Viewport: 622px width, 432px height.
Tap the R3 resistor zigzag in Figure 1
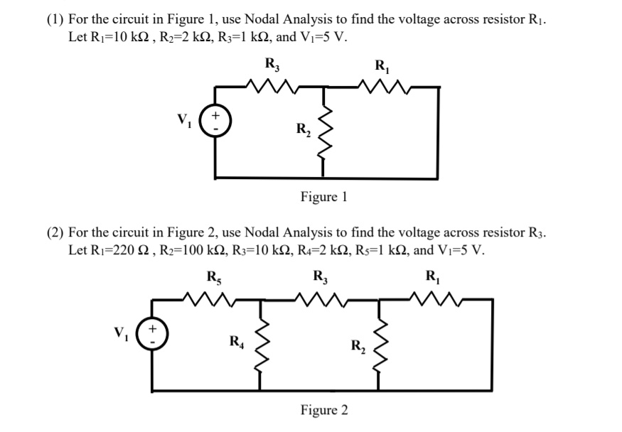pyautogui.click(x=272, y=87)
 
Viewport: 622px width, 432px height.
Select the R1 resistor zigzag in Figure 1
pyautogui.click(x=382, y=87)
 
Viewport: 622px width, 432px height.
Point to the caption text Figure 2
pyautogui.click(x=323, y=410)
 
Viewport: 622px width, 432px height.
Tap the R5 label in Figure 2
pyautogui.click(x=213, y=276)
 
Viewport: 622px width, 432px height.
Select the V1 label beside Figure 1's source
pyautogui.click(x=188, y=117)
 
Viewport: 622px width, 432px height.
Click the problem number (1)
pyautogui.click(x=56, y=19)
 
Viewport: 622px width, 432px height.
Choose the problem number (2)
pyautogui.click(x=56, y=232)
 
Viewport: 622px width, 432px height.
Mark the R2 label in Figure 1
pyautogui.click(x=303, y=130)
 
